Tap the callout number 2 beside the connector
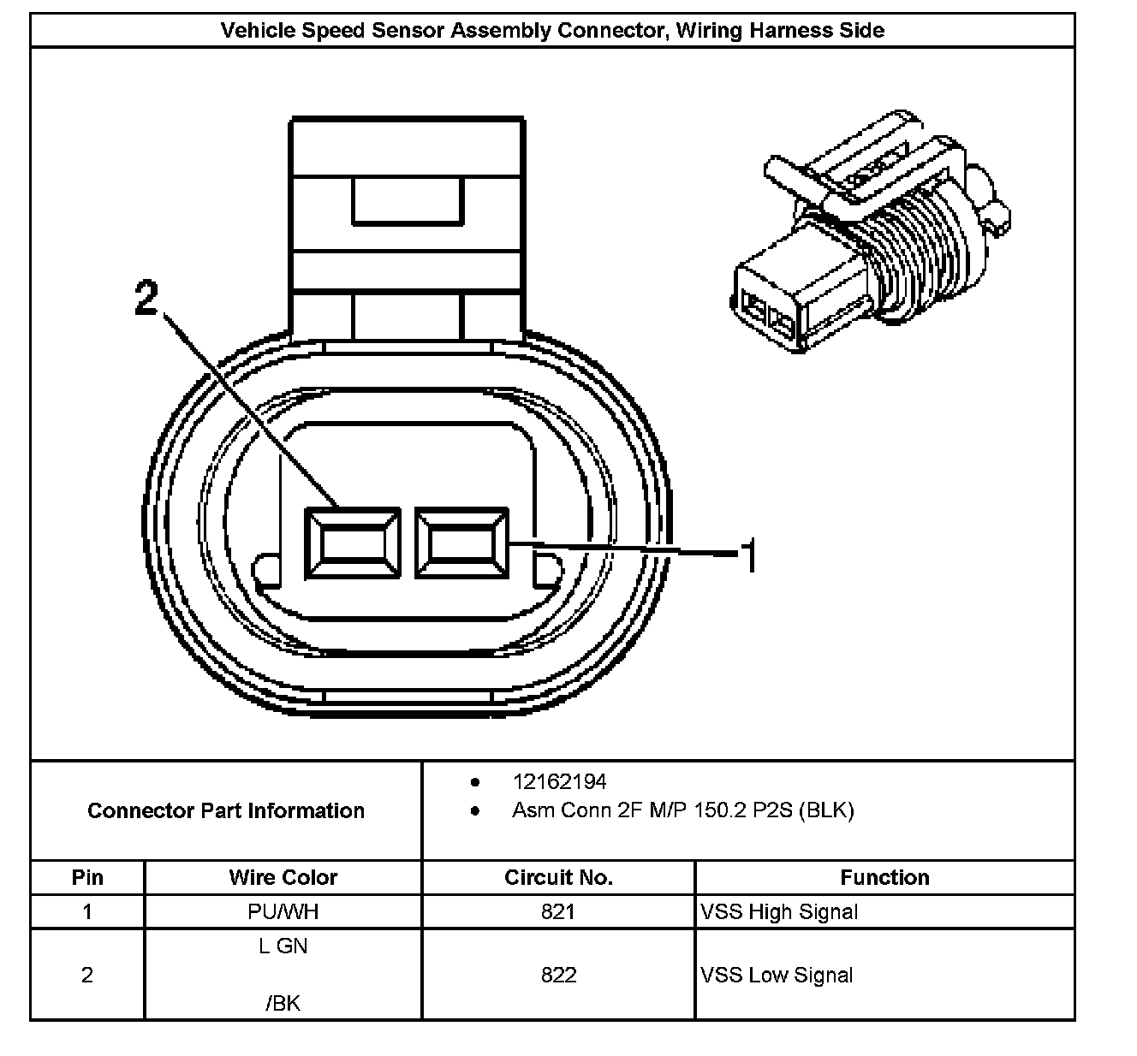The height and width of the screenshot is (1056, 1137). [146, 297]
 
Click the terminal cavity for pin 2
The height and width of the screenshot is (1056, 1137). [352, 543]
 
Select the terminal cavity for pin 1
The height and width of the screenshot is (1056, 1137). [461, 543]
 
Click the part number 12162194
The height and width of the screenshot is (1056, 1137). [559, 781]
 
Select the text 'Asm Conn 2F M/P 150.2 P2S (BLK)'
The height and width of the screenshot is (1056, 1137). [683, 810]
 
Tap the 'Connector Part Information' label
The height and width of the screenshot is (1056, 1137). [225, 810]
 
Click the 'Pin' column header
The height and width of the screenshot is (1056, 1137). [87, 877]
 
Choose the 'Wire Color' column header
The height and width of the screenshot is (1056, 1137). [283, 877]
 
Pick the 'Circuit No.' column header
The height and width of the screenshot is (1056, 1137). [558, 877]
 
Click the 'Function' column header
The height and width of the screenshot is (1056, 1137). [884, 877]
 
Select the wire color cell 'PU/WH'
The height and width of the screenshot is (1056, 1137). [283, 911]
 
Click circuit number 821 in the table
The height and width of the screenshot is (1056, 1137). [558, 911]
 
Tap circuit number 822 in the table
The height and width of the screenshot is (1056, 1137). [558, 975]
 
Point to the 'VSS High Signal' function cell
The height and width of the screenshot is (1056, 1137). [778, 911]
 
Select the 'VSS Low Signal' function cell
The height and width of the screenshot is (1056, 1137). [777, 976]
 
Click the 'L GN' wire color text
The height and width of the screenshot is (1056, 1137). [283, 946]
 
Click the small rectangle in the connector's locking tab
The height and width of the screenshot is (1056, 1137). [407, 200]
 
